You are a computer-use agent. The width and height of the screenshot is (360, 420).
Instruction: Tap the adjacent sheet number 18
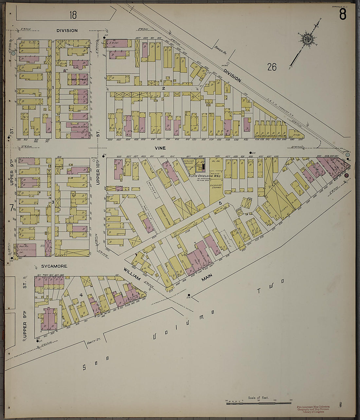pos(73,15)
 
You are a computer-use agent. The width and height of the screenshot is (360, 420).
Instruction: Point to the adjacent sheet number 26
pos(272,67)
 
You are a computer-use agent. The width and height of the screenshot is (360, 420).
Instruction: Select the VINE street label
pos(160,148)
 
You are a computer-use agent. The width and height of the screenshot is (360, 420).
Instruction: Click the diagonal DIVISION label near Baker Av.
pos(233,75)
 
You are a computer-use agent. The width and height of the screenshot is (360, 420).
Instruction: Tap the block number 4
pos(81,295)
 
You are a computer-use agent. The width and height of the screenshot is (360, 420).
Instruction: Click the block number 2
pos(163,88)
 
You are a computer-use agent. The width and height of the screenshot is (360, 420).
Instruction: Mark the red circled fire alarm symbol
pos(347,175)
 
